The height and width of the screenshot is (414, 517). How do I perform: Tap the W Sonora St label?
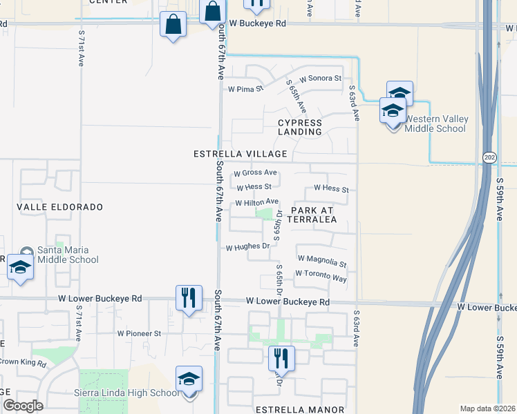click(320, 79)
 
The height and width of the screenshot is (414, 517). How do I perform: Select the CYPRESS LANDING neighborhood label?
click(300, 127)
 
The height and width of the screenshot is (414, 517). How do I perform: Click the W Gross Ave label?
click(255, 172)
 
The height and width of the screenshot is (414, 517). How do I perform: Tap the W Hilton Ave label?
click(256, 203)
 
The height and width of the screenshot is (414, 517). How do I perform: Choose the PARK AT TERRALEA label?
click(313, 215)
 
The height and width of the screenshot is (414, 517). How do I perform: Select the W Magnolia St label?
click(321, 261)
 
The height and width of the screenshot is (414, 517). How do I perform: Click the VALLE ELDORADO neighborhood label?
click(59, 207)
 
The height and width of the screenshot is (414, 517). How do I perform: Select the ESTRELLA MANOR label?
click(300, 409)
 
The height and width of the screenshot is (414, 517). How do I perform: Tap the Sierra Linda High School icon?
click(189, 381)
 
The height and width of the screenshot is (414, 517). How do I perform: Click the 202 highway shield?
click(489, 157)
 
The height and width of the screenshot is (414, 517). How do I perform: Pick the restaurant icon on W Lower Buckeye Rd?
click(189, 298)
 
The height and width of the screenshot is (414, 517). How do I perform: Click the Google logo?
click(23, 406)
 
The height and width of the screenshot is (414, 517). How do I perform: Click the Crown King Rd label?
click(23, 362)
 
